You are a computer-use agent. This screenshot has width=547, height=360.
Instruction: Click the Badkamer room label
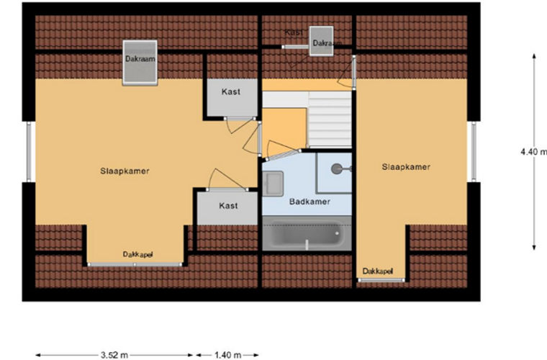click(309, 202)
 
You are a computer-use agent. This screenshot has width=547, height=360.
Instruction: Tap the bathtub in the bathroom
click(307, 233)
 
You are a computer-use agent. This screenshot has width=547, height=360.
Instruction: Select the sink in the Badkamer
click(273, 184)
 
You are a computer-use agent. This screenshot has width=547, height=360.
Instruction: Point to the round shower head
click(336, 169)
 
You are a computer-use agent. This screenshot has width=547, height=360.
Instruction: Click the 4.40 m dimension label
click(533, 152)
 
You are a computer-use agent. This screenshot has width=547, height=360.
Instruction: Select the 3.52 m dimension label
click(114, 355)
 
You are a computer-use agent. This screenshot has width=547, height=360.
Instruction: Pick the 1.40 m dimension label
click(228, 355)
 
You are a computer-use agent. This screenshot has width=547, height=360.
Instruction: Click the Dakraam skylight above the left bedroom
click(140, 63)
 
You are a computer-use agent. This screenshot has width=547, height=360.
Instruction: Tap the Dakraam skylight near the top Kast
click(321, 41)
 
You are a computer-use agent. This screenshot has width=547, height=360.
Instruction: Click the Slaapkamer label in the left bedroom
click(125, 171)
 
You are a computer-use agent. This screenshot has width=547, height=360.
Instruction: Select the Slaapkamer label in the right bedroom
click(406, 167)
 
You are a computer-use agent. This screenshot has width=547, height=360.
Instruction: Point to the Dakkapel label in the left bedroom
click(137, 254)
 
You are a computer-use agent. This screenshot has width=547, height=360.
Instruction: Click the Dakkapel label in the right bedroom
click(378, 271)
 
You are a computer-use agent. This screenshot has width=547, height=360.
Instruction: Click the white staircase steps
click(330, 120)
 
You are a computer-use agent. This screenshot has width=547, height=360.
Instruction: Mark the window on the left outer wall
click(30, 152)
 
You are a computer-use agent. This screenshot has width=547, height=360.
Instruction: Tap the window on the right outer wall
click(474, 152)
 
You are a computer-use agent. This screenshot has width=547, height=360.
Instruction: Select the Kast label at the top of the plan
click(294, 32)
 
